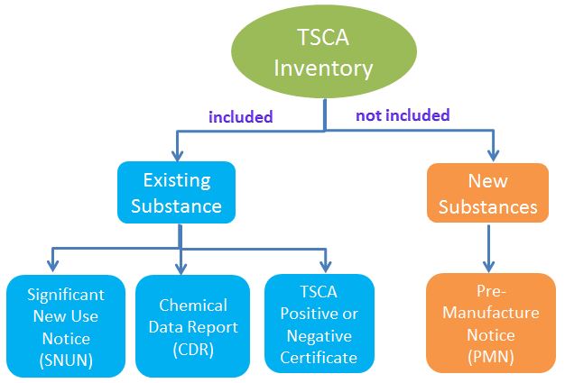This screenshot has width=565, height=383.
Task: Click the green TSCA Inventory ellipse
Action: tap(324, 51)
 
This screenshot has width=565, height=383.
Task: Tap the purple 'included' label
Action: tap(240, 117)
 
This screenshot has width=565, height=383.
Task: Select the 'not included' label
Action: tap(403, 115)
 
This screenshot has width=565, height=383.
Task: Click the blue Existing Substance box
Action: tap(176, 192)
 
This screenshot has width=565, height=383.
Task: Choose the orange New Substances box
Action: tap(487, 194)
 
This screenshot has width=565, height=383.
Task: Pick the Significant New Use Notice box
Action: tap(65, 324)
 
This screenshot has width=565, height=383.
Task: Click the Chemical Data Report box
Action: tap(192, 324)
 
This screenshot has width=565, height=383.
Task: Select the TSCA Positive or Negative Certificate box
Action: tap(319, 324)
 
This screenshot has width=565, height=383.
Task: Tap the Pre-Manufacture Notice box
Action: tap(491, 323)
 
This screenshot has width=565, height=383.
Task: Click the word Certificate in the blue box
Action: tap(319, 357)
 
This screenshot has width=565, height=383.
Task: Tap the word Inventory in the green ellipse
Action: tap(324, 68)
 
